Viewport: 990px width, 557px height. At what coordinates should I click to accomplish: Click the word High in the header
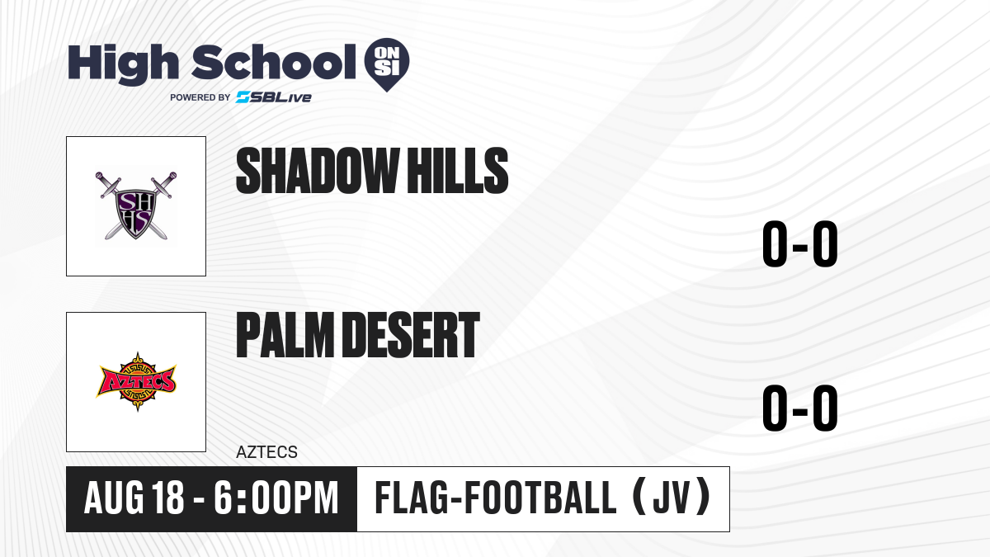(x=123, y=64)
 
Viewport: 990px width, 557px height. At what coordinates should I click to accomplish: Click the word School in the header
(x=274, y=62)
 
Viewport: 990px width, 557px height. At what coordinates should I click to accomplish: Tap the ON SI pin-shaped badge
(x=387, y=64)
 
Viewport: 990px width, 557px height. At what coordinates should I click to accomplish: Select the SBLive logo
(x=274, y=97)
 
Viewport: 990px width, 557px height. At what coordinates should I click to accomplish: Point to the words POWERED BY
(x=200, y=97)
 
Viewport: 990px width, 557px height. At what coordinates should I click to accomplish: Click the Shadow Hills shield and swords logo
(x=136, y=205)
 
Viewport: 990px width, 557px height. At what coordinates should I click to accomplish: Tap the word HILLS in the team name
(x=457, y=171)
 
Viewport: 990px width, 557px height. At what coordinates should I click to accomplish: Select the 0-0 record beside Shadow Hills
(x=800, y=243)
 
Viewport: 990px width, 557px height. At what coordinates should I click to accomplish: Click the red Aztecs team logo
(x=137, y=381)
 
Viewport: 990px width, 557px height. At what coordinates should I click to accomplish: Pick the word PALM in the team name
(x=285, y=335)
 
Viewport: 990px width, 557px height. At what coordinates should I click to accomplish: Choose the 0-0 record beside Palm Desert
(x=800, y=408)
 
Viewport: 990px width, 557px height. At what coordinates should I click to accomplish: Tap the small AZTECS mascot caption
(x=267, y=452)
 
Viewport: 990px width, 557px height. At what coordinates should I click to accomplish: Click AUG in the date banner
(x=114, y=498)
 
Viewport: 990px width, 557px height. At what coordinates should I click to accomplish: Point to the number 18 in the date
(x=167, y=498)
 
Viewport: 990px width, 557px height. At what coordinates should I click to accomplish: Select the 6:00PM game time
(x=276, y=498)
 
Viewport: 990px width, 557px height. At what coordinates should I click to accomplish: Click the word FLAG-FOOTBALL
(x=496, y=498)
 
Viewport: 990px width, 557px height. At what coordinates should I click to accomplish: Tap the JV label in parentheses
(x=672, y=498)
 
